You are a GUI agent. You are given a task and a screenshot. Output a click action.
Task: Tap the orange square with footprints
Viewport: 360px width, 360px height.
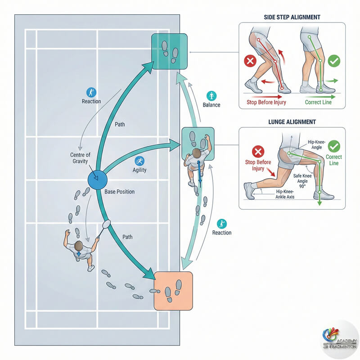173,291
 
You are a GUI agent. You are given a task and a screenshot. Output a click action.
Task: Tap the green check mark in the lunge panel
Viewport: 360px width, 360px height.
334,146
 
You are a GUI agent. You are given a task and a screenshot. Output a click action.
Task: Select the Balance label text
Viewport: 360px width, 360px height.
211,105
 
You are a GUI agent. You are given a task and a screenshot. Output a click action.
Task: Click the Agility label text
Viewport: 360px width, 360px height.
139,171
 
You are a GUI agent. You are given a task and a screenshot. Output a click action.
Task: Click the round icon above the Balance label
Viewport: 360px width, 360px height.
211,95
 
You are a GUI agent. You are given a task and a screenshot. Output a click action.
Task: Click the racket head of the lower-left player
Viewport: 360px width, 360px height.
107,223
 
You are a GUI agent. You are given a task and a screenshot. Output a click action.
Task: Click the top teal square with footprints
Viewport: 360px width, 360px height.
169,50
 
